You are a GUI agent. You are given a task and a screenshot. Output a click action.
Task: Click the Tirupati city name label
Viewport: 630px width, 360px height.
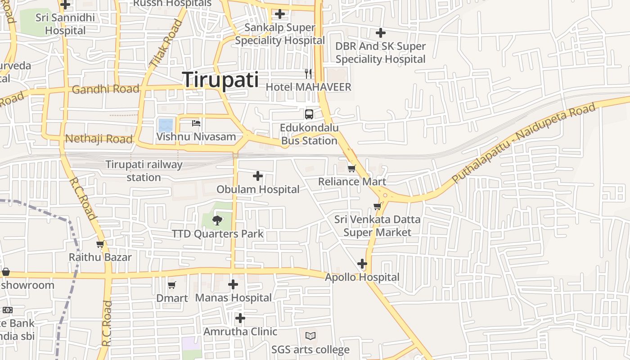[x=220, y=80]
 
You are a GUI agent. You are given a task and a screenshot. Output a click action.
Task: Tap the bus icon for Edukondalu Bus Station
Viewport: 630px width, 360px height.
[x=309, y=114]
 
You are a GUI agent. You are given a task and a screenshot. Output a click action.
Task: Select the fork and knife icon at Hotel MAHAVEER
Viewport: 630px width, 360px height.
[x=308, y=73]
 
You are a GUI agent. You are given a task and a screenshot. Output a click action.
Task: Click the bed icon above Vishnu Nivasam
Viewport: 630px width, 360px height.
[x=196, y=123]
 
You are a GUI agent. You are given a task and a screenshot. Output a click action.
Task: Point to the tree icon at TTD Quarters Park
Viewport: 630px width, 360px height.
[x=217, y=220]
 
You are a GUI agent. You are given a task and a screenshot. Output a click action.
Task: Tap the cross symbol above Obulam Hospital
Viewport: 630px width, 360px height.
[x=258, y=176]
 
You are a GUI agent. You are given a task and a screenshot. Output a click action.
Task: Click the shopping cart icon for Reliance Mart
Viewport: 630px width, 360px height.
[x=351, y=168]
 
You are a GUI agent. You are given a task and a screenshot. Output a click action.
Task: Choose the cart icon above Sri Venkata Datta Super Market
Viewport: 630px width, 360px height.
[x=377, y=206]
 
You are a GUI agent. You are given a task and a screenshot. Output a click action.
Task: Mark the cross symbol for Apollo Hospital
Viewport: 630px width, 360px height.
[x=362, y=264]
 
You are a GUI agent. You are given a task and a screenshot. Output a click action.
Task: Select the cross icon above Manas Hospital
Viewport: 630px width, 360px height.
[x=233, y=284]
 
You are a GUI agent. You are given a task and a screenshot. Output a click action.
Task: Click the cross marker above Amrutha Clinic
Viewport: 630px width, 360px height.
[x=240, y=318]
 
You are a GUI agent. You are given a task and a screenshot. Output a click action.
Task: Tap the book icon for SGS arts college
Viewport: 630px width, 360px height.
[x=310, y=336]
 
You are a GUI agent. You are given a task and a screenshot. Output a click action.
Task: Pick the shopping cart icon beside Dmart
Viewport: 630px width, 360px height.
[x=171, y=285]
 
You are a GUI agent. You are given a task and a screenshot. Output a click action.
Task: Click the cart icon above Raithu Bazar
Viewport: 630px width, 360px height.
[x=100, y=244]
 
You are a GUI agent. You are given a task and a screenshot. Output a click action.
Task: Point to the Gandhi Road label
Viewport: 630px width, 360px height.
[x=105, y=89]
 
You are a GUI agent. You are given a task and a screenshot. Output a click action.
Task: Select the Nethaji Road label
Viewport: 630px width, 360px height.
[x=99, y=139]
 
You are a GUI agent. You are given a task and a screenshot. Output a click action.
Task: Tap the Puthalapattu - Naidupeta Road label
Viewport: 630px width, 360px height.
[x=524, y=143]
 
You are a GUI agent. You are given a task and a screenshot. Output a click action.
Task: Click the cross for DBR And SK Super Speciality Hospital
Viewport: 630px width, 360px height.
[x=381, y=33]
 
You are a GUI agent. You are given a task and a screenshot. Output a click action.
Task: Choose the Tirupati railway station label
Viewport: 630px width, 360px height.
[x=144, y=171]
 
